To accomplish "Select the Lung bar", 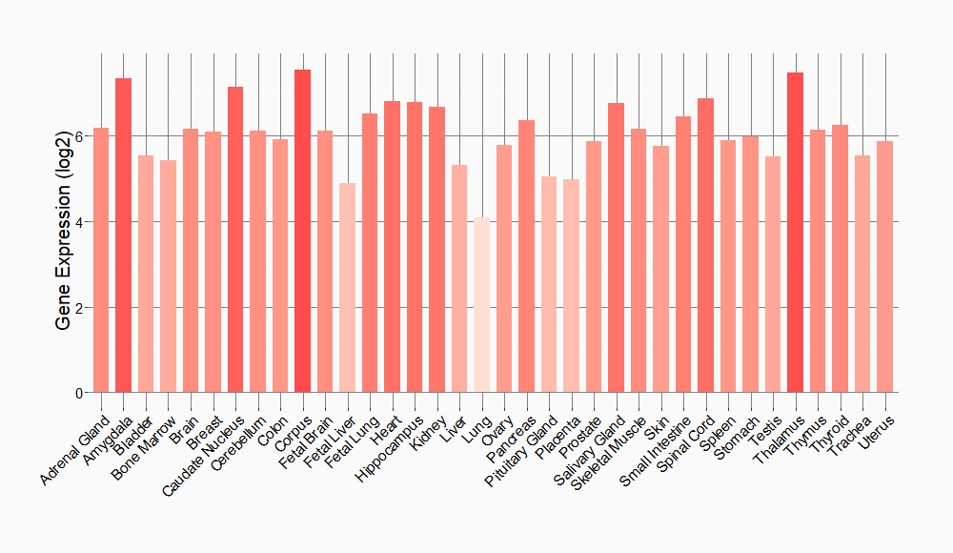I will (482, 305).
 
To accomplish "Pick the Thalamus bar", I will (796, 233).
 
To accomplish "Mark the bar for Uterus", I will (885, 267).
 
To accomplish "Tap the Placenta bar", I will (572, 286).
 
